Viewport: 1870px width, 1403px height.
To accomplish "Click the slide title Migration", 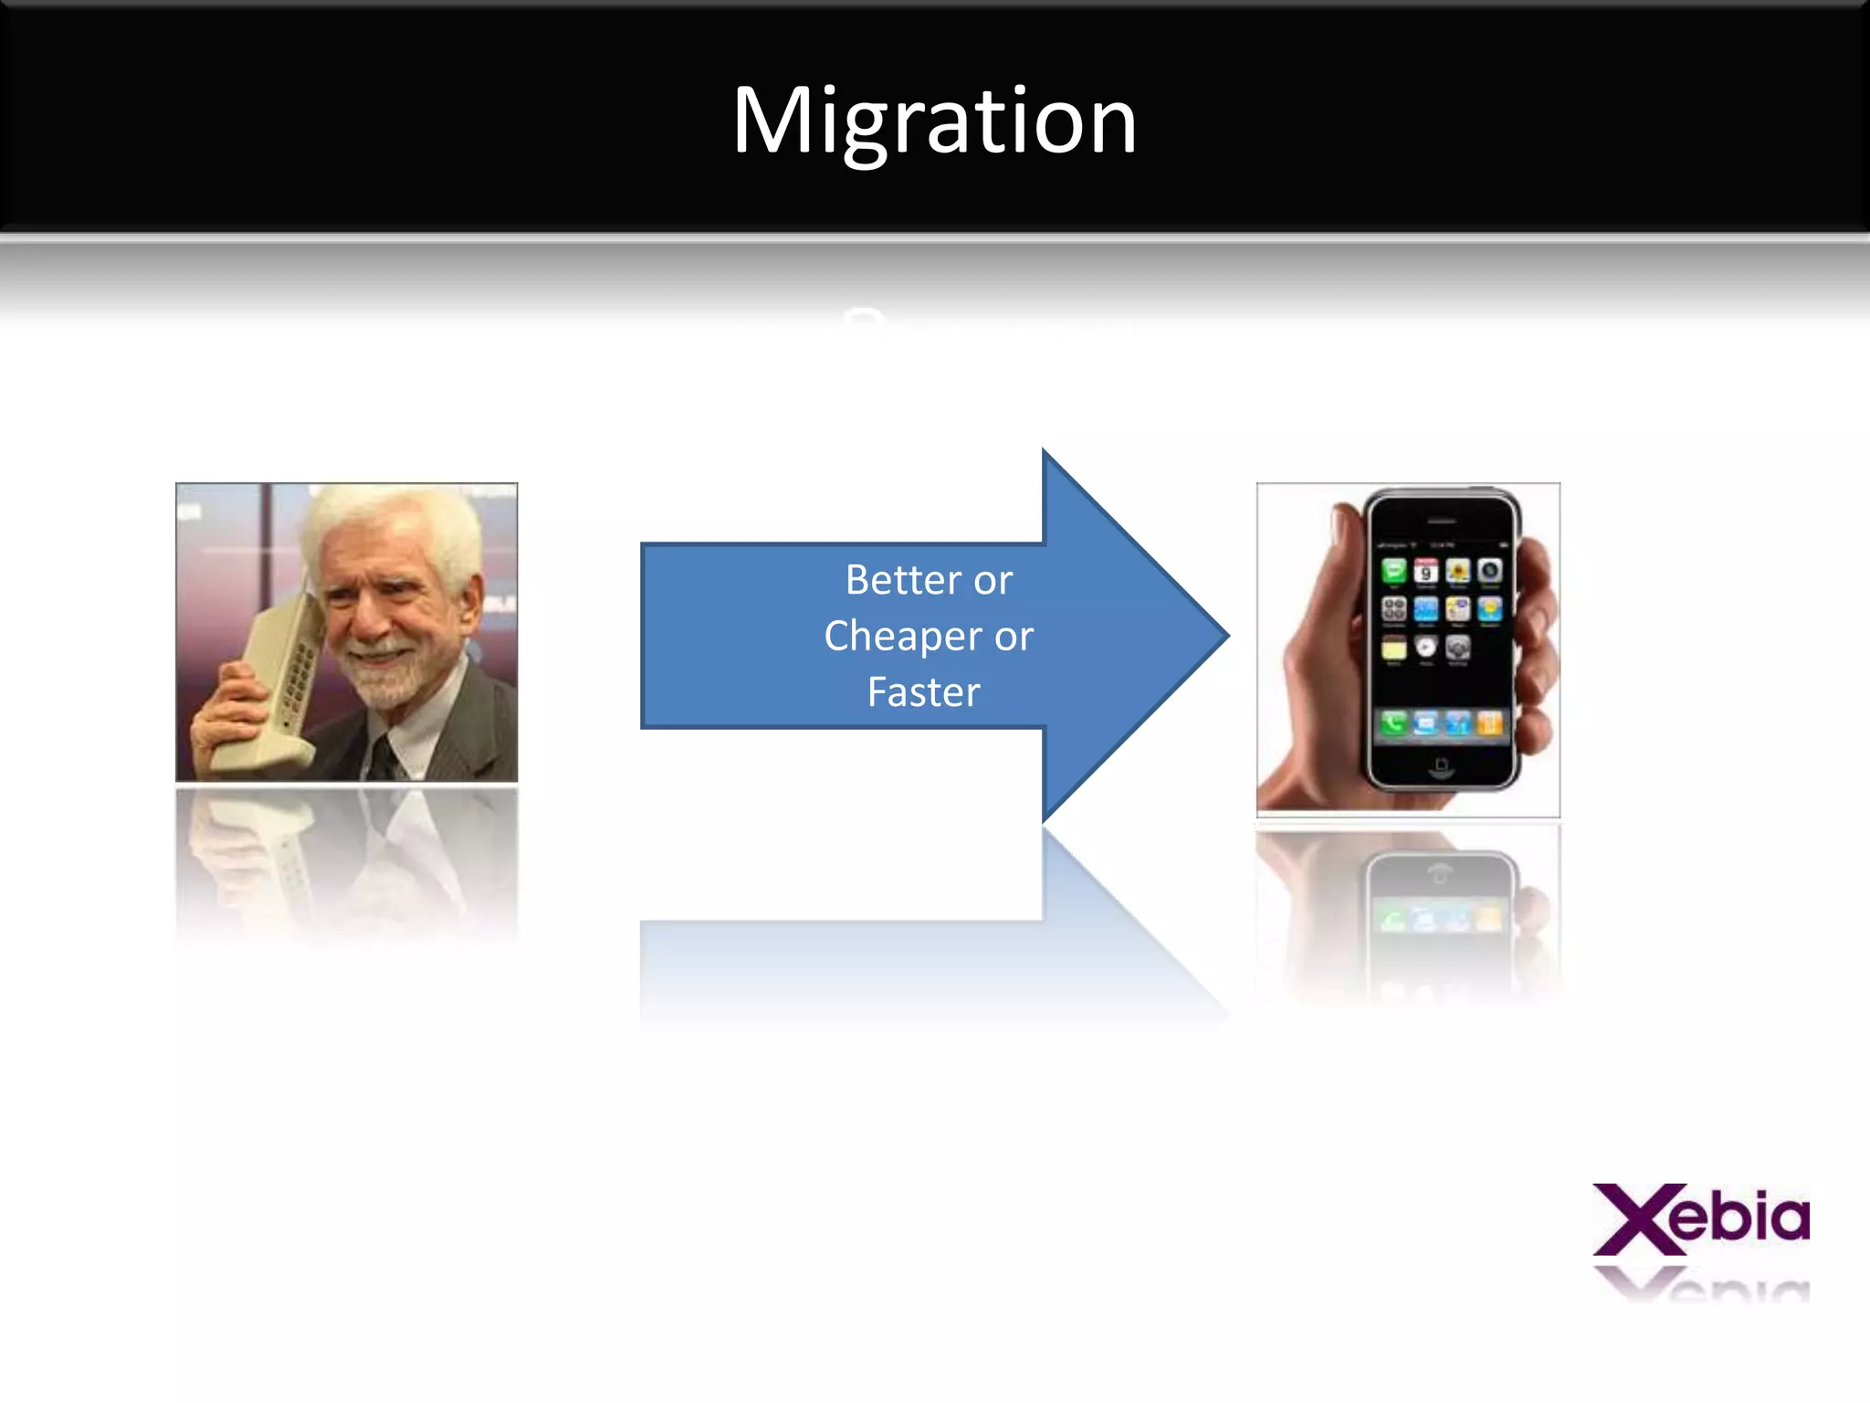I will click(934, 121).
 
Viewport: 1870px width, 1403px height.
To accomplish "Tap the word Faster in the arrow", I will click(923, 692).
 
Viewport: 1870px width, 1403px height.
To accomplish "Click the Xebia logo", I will click(1701, 1219).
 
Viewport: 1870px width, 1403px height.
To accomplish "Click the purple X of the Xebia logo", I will click(1634, 1219).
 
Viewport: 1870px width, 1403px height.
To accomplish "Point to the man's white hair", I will click(393, 521).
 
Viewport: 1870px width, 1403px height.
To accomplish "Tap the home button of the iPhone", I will click(1442, 765).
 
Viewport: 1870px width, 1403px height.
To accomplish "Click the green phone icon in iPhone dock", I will click(1393, 724).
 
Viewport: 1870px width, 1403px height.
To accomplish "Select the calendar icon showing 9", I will click(1425, 572).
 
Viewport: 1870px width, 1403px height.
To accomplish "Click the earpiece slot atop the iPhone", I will click(1442, 521).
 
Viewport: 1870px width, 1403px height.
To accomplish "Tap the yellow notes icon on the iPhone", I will click(1393, 649).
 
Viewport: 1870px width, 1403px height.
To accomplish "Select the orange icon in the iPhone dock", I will click(1489, 724).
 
